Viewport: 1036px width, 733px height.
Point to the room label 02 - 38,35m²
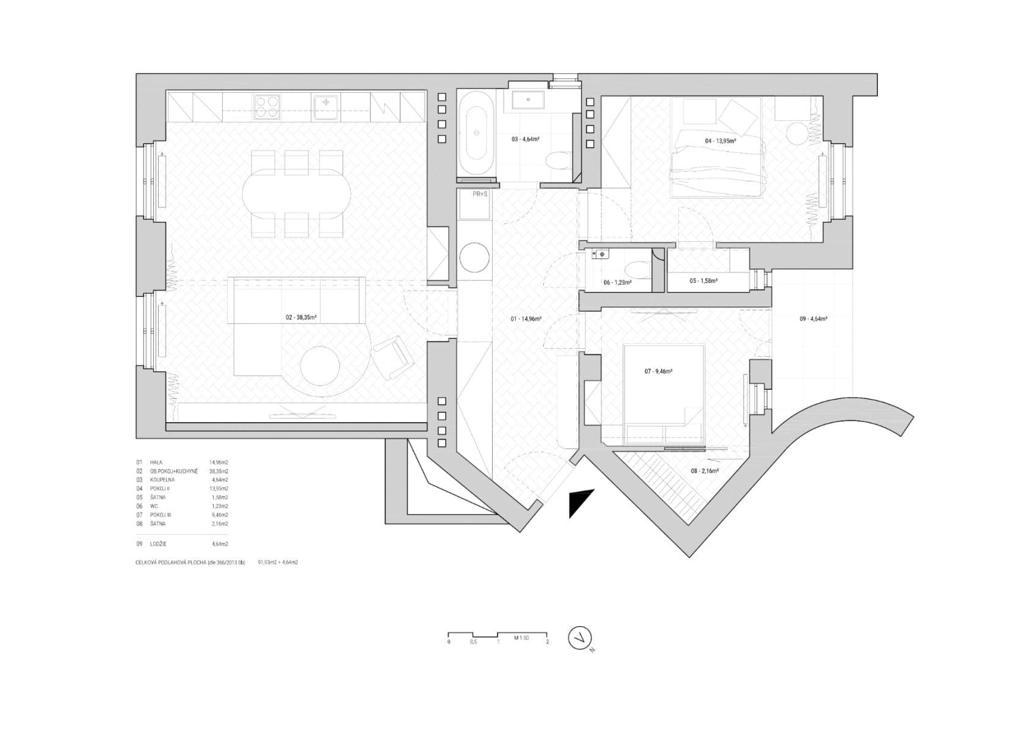coord(300,318)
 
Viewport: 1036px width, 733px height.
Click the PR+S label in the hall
coord(480,194)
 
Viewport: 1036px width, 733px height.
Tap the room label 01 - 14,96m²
coord(526,318)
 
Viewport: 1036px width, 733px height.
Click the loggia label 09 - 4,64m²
coord(813,318)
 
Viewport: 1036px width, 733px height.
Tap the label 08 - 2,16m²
coord(704,471)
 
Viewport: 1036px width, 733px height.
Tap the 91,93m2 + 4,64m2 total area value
coord(278,562)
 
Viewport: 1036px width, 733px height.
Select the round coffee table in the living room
coord(319,366)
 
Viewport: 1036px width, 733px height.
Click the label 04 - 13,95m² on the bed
coord(720,141)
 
